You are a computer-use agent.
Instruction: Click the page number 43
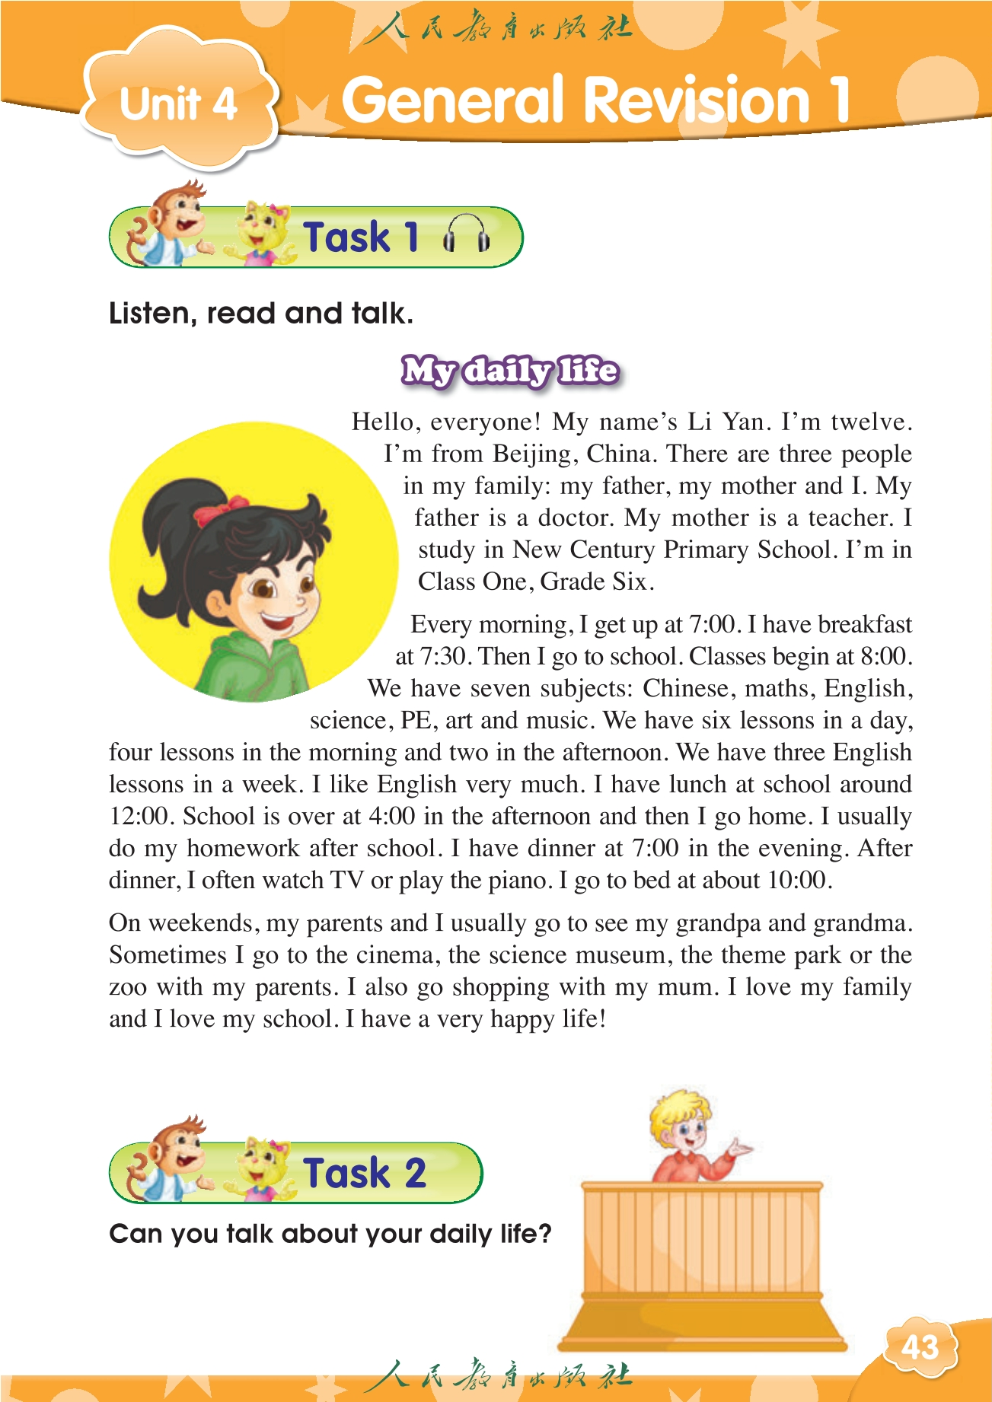coord(920,1348)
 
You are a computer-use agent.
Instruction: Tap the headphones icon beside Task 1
coord(466,234)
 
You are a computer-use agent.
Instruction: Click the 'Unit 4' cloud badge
coord(179,103)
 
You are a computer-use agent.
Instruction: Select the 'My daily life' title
coord(509,371)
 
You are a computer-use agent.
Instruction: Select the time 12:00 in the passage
coord(139,817)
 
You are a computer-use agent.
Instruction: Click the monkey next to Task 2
coord(168,1158)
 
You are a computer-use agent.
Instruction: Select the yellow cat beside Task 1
coord(263,234)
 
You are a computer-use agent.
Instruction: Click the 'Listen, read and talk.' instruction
coord(260,314)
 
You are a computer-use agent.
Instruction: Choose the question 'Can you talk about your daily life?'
coord(330,1234)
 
